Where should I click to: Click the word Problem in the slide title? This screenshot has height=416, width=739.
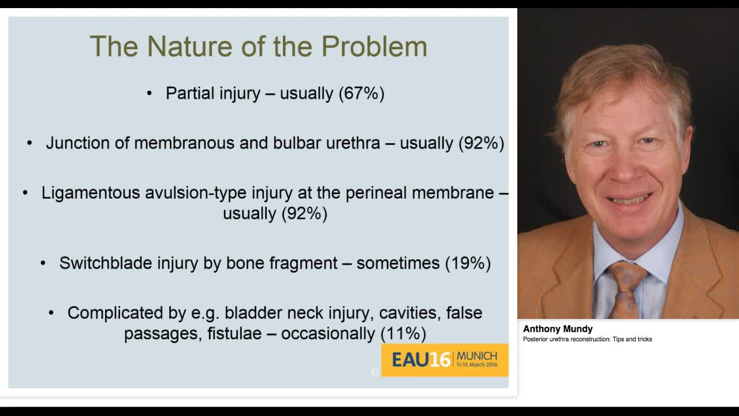[x=375, y=46]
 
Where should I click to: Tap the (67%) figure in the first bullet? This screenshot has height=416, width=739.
[x=361, y=94]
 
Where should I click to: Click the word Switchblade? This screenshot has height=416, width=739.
[x=105, y=263]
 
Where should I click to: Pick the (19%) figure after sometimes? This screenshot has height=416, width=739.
[x=468, y=263]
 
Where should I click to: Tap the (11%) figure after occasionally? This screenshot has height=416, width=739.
[x=403, y=333]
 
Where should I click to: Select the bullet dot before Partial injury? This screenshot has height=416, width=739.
[x=150, y=94]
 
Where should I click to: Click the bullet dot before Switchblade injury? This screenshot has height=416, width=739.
[x=43, y=263]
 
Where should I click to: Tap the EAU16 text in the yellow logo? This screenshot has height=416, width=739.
[x=421, y=359]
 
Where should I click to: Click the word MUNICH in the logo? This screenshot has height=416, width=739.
[x=477, y=356]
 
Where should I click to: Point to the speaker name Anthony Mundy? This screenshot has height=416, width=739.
[x=558, y=329]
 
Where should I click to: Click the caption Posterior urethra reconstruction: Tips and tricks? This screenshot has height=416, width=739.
[x=587, y=339]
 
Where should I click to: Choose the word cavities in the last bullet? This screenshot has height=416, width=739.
[x=410, y=313]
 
